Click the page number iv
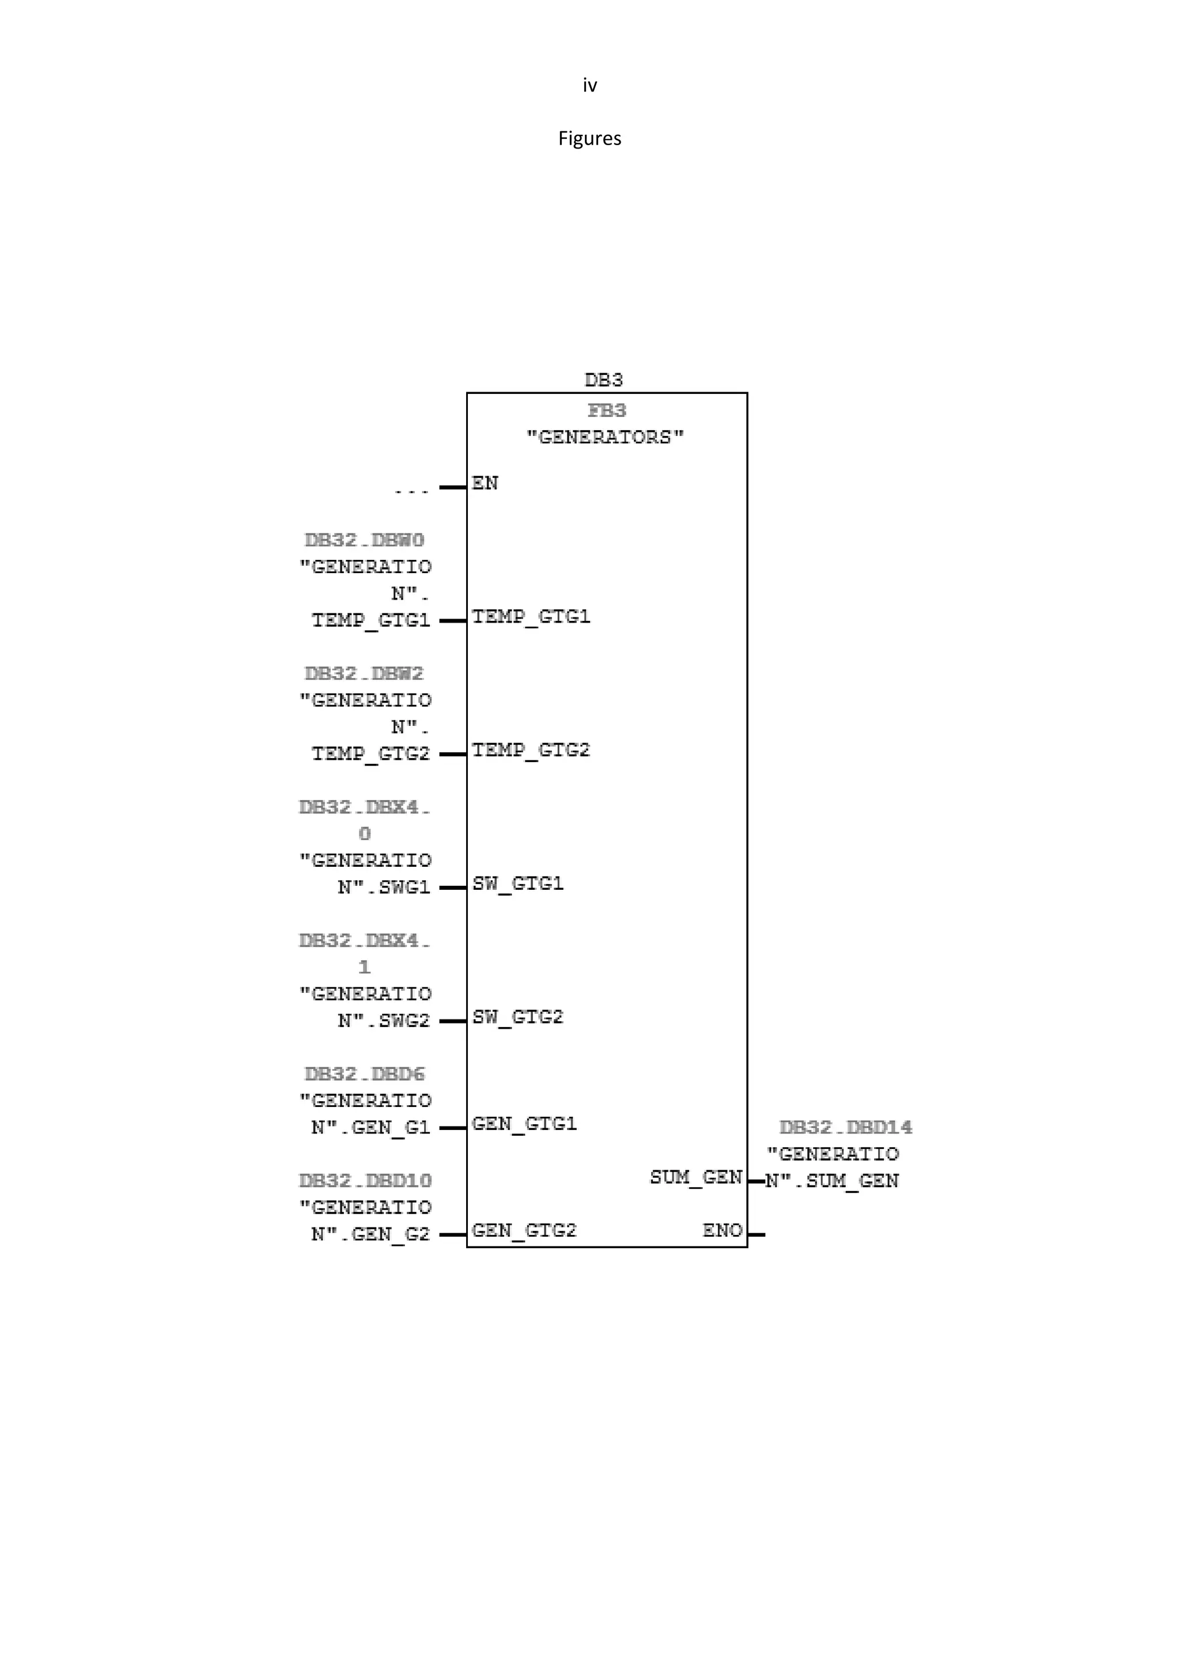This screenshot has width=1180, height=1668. click(589, 86)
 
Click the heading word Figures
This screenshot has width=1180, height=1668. click(589, 139)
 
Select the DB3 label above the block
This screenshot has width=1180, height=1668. click(603, 380)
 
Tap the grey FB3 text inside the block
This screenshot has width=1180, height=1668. click(607, 411)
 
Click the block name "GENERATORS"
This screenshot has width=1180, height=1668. click(605, 437)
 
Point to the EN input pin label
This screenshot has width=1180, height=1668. click(485, 483)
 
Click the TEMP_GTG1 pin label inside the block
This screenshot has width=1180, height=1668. click(531, 617)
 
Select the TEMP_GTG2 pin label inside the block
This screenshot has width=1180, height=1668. click(531, 750)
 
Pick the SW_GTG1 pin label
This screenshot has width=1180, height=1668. click(517, 884)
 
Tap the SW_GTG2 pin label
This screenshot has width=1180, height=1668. click(517, 1017)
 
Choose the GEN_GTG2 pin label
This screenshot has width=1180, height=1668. click(524, 1231)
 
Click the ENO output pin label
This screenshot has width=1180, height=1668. click(723, 1231)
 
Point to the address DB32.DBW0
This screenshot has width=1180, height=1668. click(364, 540)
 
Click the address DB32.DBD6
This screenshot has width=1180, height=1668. click(364, 1074)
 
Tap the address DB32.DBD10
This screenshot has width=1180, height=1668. click(365, 1181)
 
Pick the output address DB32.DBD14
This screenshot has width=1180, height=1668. click(846, 1128)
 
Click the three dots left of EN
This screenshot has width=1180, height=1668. click(411, 492)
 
